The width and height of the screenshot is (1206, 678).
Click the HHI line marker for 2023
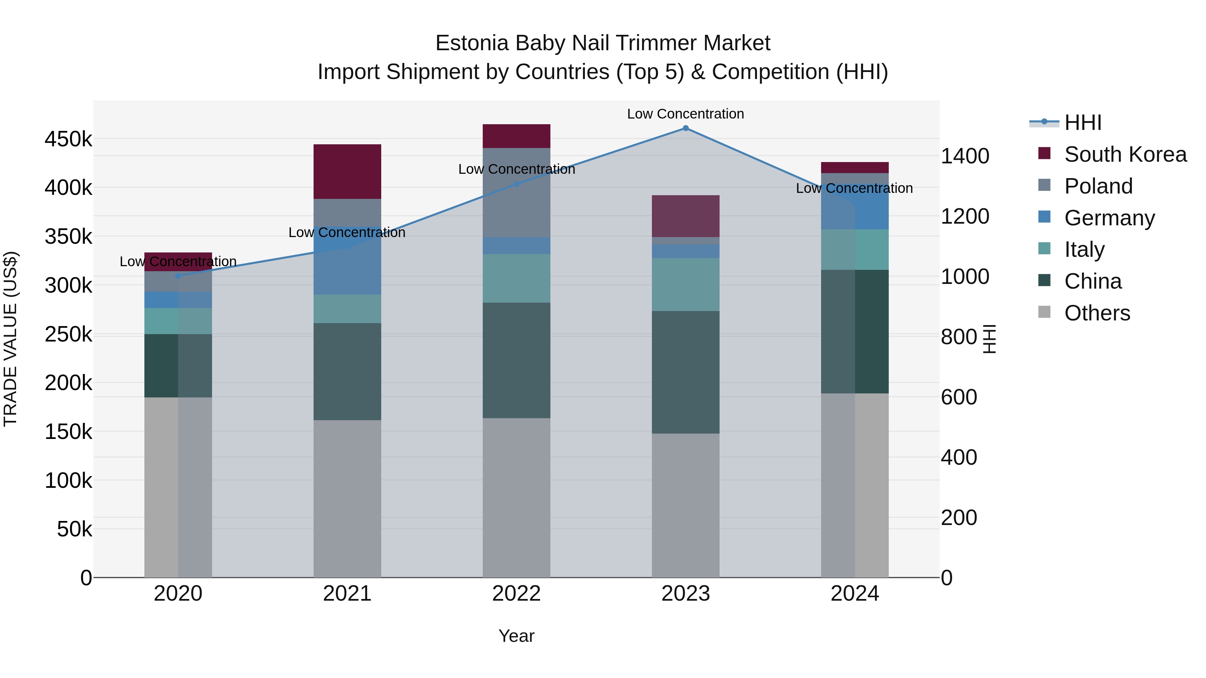[x=685, y=128]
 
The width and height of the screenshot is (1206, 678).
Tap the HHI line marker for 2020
[x=178, y=276]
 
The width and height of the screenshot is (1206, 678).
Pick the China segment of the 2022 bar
[x=516, y=360]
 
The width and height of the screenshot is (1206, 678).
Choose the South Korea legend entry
[x=1125, y=154]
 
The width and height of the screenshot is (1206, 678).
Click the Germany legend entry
[x=1109, y=218]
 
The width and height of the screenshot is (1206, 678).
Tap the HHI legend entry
[x=1082, y=123]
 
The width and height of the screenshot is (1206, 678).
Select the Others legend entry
[x=1097, y=313]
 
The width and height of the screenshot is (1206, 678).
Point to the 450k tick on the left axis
[x=68, y=139]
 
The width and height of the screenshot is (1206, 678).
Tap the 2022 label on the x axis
[x=516, y=594]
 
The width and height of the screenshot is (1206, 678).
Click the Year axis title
[x=516, y=636]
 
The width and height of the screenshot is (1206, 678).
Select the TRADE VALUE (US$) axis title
[x=11, y=339]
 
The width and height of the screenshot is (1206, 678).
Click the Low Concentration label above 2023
[x=685, y=114]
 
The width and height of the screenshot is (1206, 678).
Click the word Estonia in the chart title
[x=472, y=43]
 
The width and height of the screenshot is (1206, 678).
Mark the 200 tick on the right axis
[x=959, y=518]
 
